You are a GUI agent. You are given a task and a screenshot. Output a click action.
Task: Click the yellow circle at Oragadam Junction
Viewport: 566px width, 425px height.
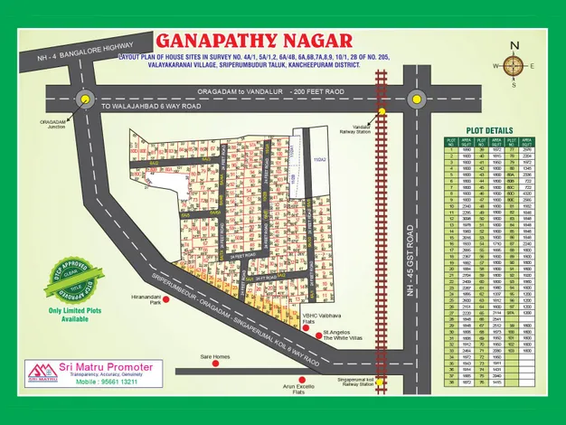(x=85, y=99)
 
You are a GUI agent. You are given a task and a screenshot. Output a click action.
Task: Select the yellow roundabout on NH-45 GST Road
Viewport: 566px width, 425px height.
(x=415, y=99)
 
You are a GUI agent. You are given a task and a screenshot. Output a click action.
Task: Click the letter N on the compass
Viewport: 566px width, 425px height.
(x=514, y=44)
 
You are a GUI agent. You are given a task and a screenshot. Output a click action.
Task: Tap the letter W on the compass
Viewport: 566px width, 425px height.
(x=495, y=65)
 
